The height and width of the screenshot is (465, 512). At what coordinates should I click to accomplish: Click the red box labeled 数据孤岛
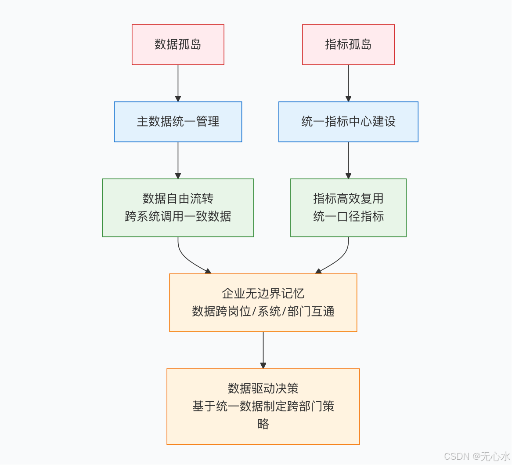point(178,44)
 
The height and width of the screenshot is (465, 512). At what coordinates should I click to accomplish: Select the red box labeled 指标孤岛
point(348,44)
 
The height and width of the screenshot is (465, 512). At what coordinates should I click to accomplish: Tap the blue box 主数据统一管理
point(178,122)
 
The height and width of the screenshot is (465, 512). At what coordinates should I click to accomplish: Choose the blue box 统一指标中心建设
point(348,122)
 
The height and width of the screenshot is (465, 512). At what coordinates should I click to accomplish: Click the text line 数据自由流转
point(178,199)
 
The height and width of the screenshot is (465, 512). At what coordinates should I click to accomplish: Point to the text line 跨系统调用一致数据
point(178,216)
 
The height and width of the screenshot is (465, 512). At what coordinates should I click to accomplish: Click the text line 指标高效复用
point(348,199)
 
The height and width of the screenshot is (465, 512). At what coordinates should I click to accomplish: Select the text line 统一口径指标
point(348,216)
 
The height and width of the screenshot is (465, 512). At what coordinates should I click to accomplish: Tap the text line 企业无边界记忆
point(263,294)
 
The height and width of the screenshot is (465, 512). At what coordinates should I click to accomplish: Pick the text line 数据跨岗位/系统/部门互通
point(263,311)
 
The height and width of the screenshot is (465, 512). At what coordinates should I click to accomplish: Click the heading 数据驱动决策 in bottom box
point(263,389)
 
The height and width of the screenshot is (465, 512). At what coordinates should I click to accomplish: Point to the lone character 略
point(263,424)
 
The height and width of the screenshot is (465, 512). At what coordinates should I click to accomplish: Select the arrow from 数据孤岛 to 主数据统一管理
point(178,83)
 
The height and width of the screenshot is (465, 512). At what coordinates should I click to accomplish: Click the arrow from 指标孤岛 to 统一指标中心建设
point(348,83)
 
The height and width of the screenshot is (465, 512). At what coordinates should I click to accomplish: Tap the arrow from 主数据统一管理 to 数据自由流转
point(178,160)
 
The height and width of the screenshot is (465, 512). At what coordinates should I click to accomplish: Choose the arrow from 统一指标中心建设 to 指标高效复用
point(348,160)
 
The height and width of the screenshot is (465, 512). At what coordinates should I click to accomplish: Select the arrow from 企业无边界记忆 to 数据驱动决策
point(263,350)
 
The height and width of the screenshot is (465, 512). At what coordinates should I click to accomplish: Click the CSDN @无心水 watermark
point(477,456)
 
